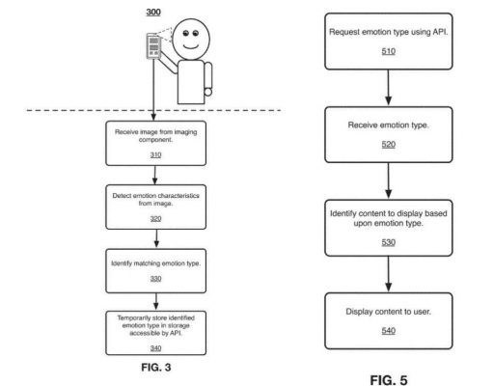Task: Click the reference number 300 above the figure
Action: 153,12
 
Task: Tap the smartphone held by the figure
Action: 153,46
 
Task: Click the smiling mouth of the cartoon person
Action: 191,47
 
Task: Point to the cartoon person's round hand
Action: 208,93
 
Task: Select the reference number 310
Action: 155,154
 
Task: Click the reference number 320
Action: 155,219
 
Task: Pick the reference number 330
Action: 155,279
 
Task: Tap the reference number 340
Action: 155,348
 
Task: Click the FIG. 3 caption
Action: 156,368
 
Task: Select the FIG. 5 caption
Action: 389,380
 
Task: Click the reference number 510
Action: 389,51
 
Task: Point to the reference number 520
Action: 389,145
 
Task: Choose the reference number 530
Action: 389,242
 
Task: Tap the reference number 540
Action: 389,331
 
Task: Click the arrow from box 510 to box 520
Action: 389,88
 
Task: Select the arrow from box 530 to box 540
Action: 389,274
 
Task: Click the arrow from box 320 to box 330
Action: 156,238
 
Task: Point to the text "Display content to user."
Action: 389,312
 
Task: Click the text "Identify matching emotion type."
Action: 155,263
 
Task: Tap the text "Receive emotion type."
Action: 389,125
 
